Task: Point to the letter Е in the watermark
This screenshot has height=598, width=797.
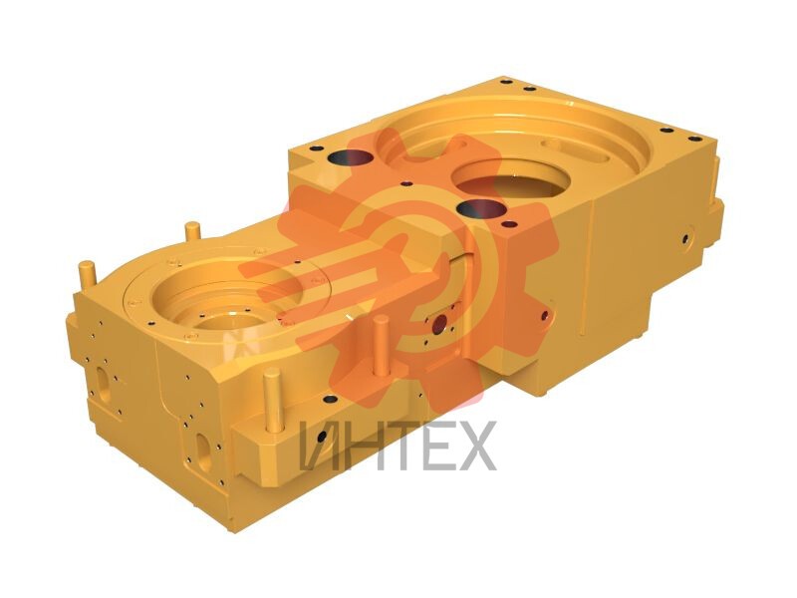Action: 436,446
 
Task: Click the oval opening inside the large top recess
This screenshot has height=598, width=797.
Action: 509,179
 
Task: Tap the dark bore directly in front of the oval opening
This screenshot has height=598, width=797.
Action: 482,208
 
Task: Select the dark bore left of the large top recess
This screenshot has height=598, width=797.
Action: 351,157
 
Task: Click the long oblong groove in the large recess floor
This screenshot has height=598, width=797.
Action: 576,150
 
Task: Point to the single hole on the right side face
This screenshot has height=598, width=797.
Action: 685,238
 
